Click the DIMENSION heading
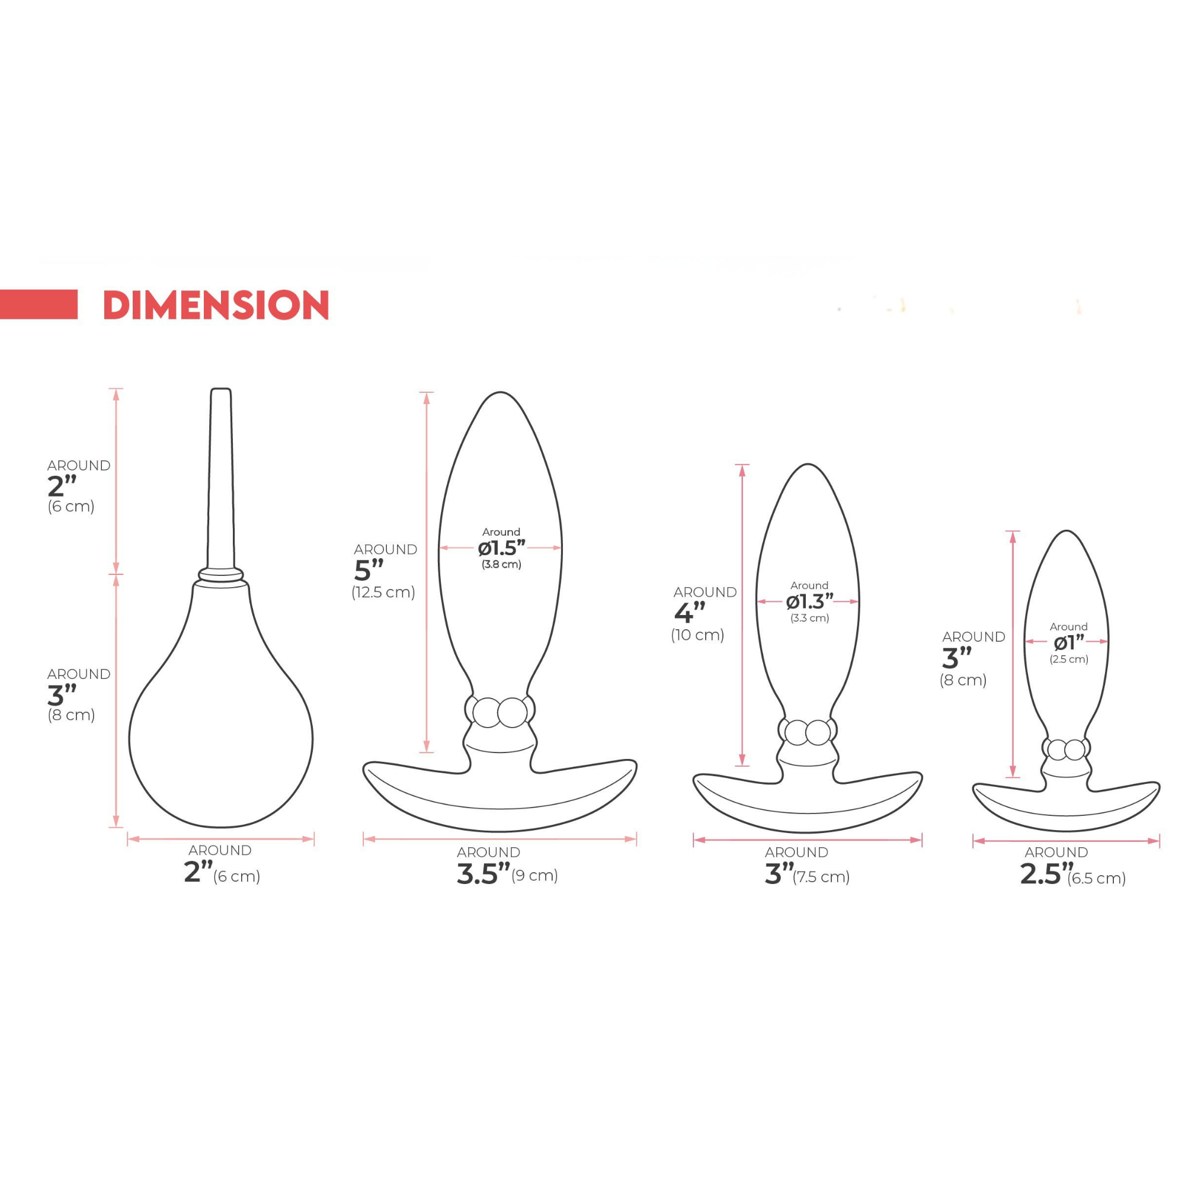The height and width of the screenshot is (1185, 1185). [x=216, y=305]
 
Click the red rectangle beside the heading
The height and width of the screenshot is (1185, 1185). [x=39, y=304]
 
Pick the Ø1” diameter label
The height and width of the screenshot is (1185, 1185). [x=1069, y=642]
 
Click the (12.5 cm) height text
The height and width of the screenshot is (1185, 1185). [x=383, y=592]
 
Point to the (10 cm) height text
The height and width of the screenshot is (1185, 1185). [x=697, y=635]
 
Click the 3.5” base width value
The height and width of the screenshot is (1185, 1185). [x=483, y=874]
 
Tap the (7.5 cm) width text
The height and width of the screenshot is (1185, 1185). [x=821, y=877]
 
